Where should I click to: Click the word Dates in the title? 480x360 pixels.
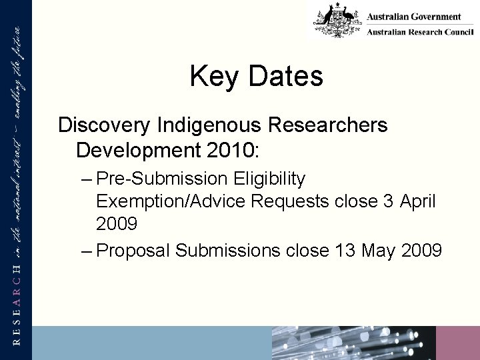(286, 77)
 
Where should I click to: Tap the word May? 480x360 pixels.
(376, 251)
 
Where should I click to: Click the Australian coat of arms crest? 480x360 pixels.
(335, 20)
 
